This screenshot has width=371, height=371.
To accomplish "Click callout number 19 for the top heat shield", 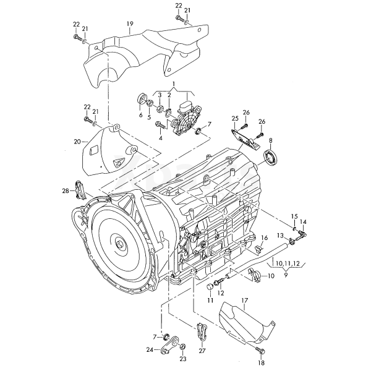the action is pos(130,24).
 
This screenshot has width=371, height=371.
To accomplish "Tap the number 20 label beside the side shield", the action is pos(77,142).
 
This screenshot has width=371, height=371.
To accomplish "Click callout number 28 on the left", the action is pos(66,190).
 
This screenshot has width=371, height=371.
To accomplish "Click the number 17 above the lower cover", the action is pos(245,301).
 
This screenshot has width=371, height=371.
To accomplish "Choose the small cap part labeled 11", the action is pos(210,287).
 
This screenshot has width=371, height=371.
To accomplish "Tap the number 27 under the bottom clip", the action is pos(202,351).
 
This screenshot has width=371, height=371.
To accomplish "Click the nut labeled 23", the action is pos(182,347).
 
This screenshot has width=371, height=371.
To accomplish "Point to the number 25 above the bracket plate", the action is pos(235,119).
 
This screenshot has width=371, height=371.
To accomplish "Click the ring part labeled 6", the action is pos(142,100).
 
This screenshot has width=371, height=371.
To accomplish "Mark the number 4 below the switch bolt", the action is pos(161,138).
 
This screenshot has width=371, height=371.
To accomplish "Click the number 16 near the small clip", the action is pos(264,237).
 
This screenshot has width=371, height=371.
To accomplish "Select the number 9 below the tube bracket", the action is pos(286,275).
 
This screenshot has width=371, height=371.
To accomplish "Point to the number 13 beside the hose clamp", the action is pos(280,236).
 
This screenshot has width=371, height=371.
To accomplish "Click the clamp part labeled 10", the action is pos(255,275).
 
